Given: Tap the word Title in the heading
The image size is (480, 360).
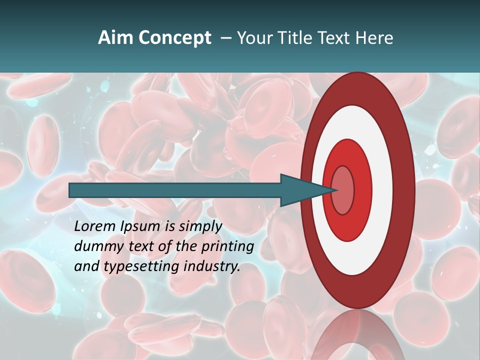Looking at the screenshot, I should coord(293,38).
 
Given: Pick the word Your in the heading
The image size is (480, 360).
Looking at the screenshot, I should coord(254,38).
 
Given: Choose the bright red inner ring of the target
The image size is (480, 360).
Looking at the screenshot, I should coord(362,190).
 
